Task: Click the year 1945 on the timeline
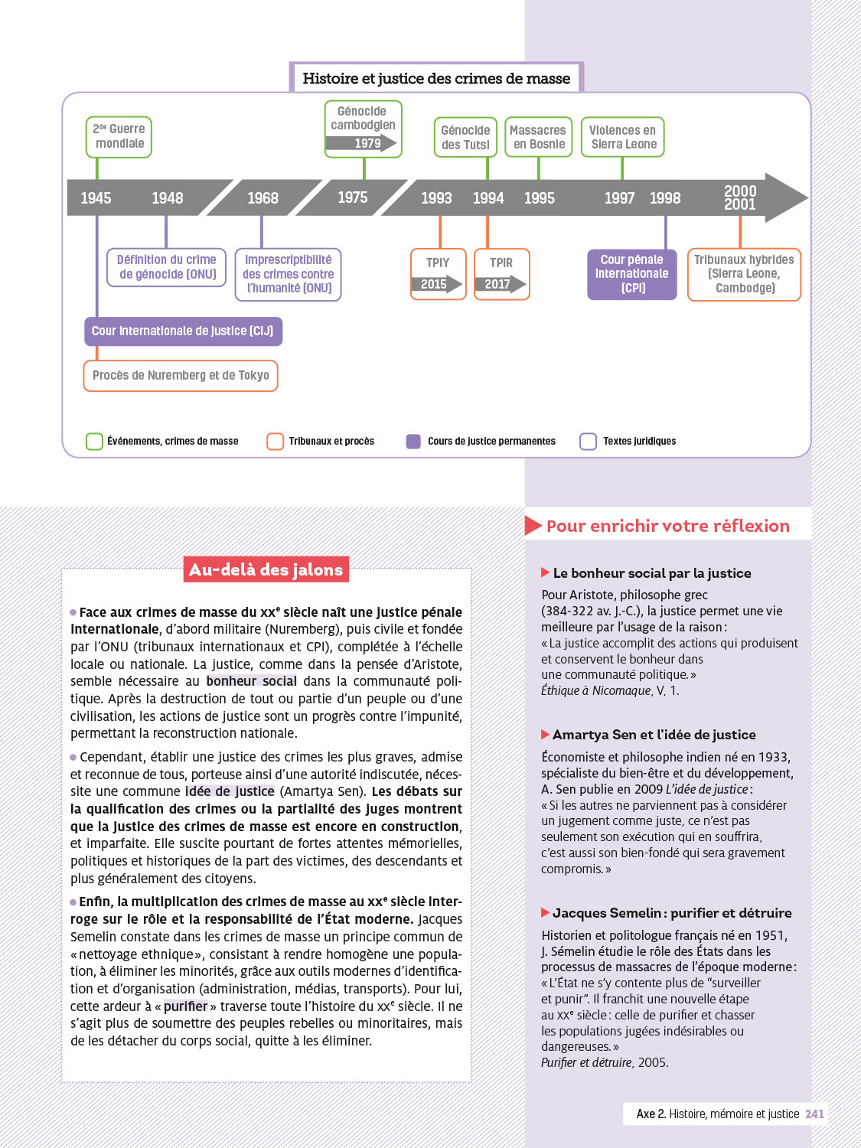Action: [96, 198]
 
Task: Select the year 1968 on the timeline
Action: [263, 198]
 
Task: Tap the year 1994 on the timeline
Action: [488, 198]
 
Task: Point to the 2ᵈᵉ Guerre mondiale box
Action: [119, 137]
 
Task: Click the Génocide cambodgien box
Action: [363, 129]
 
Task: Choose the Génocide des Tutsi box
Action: [465, 137]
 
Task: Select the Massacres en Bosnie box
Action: [538, 137]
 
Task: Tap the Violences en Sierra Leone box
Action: [623, 137]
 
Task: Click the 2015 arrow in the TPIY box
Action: [436, 284]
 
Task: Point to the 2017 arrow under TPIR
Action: [500, 284]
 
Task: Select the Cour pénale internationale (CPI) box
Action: [632, 274]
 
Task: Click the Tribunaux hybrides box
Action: [744, 274]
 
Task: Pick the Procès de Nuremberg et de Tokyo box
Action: [181, 376]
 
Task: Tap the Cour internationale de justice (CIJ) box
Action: [183, 331]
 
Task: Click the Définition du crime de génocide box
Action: [167, 267]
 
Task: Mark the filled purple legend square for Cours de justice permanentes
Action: [413, 442]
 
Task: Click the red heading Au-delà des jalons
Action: [266, 569]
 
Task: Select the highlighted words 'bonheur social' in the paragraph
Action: [251, 681]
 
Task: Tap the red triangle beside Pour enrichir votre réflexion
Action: [533, 526]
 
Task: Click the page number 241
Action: [814, 1114]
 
